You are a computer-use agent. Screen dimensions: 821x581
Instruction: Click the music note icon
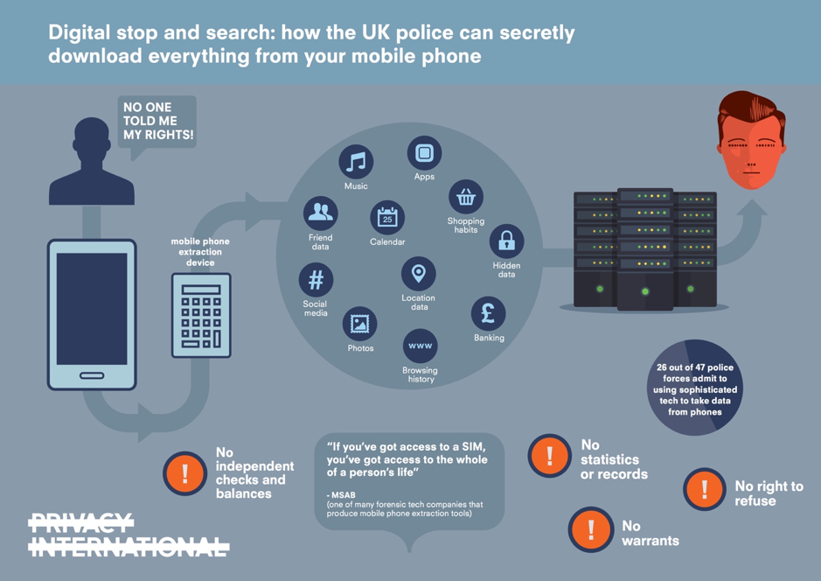(356, 162)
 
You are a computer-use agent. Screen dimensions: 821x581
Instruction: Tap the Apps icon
(424, 153)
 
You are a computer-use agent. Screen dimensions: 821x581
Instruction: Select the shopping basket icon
(465, 197)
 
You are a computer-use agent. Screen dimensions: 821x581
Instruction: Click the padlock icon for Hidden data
(506, 241)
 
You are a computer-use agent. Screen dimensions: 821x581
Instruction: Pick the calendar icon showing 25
(387, 218)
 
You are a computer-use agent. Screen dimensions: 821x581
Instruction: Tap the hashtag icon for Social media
(316, 280)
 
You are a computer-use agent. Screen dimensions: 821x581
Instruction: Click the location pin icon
(418, 274)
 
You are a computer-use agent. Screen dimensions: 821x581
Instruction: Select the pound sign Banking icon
(489, 314)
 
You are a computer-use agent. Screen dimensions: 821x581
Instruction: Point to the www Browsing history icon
(420, 346)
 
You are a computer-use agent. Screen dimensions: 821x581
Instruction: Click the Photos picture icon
(359, 325)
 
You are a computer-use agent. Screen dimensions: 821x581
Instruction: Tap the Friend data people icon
(320, 213)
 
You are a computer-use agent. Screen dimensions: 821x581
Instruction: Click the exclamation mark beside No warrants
(591, 529)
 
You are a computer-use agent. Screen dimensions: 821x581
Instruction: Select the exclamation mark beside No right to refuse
(705, 489)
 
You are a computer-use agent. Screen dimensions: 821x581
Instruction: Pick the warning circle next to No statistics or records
(549, 456)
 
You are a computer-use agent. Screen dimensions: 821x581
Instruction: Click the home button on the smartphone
(92, 375)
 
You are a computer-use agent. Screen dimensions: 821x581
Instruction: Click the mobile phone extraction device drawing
(201, 315)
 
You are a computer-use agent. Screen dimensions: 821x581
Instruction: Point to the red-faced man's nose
(752, 158)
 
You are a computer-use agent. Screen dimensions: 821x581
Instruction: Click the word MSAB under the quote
(344, 495)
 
